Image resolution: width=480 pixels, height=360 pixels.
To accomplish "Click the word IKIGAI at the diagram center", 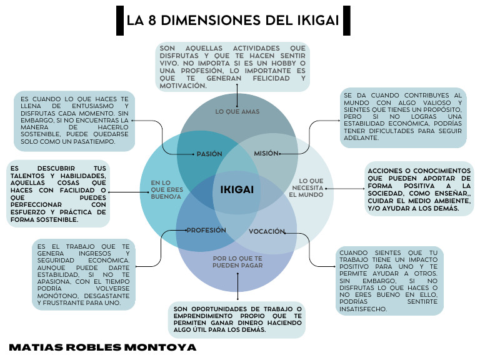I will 237,189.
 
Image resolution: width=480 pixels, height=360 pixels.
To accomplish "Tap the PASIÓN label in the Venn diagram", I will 209,154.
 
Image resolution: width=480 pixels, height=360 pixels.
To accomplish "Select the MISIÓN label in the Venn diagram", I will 266,153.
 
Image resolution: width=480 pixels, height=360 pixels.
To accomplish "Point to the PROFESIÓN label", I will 206,231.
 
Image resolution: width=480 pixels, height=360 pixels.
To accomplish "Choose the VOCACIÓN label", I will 267,232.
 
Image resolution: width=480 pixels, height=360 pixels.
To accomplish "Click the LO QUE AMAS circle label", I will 237,112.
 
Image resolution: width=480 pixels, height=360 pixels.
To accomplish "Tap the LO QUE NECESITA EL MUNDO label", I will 307,187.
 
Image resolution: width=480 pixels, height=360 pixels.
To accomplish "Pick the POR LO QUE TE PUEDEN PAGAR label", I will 237,262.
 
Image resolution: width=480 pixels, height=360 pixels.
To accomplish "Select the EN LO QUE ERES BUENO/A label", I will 166,189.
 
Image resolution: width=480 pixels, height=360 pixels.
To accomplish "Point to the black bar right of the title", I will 347,21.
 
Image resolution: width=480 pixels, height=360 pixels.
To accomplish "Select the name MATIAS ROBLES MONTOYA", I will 102,347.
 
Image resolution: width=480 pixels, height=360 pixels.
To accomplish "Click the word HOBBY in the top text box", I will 284,63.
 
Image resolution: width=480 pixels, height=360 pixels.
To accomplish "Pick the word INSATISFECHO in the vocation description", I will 362,309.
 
